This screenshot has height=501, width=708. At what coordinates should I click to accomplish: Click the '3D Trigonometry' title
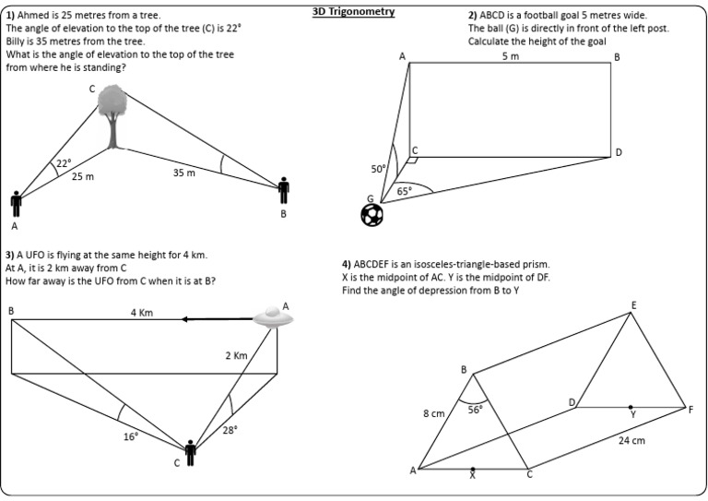(x=354, y=12)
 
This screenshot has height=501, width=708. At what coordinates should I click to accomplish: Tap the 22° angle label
(x=64, y=163)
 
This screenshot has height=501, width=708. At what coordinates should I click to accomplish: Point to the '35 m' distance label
(x=183, y=173)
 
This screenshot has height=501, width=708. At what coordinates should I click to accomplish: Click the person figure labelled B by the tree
(x=284, y=190)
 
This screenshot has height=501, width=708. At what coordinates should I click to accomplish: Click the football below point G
(x=373, y=215)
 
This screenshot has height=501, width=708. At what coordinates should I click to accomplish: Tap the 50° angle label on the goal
(x=379, y=170)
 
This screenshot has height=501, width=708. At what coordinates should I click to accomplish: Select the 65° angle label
(x=404, y=191)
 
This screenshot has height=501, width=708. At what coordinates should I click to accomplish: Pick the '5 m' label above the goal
(x=510, y=57)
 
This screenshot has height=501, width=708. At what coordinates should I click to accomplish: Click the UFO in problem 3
(x=273, y=318)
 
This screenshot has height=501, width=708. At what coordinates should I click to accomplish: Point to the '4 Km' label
(x=141, y=314)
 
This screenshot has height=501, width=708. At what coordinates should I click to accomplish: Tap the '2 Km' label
(x=236, y=355)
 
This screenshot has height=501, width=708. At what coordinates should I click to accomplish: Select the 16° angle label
(x=131, y=436)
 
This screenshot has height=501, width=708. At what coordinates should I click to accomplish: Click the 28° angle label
(x=229, y=430)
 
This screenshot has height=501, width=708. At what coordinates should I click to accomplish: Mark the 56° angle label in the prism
(x=475, y=410)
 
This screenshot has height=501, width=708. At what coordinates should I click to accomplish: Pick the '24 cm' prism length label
(x=631, y=440)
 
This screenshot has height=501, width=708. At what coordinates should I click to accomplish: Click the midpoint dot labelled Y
(x=631, y=407)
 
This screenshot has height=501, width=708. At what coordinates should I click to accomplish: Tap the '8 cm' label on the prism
(x=434, y=414)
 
